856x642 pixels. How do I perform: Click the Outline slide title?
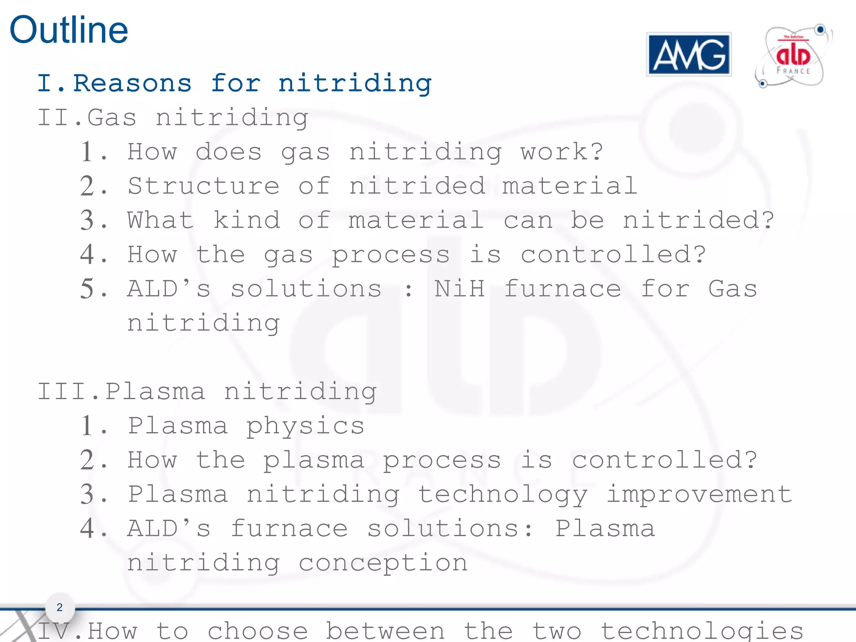[69, 30]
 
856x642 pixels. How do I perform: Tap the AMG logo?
[689, 55]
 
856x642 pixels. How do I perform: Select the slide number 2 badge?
[60, 607]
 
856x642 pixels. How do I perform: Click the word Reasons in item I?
[132, 83]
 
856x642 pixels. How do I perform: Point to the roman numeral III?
[63, 392]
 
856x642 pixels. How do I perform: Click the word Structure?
[204, 186]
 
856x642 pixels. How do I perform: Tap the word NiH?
[459, 289]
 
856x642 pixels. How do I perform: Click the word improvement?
[699, 494]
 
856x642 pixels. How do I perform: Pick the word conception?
[383, 563]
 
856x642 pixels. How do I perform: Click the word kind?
[247, 220]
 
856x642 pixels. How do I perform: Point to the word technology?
[503, 495]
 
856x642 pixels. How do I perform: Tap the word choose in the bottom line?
[258, 631]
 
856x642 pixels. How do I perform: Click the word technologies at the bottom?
[702, 631]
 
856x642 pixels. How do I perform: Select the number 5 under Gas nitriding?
[88, 289]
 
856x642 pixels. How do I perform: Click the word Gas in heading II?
[112, 117]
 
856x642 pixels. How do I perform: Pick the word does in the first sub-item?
[229, 152]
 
